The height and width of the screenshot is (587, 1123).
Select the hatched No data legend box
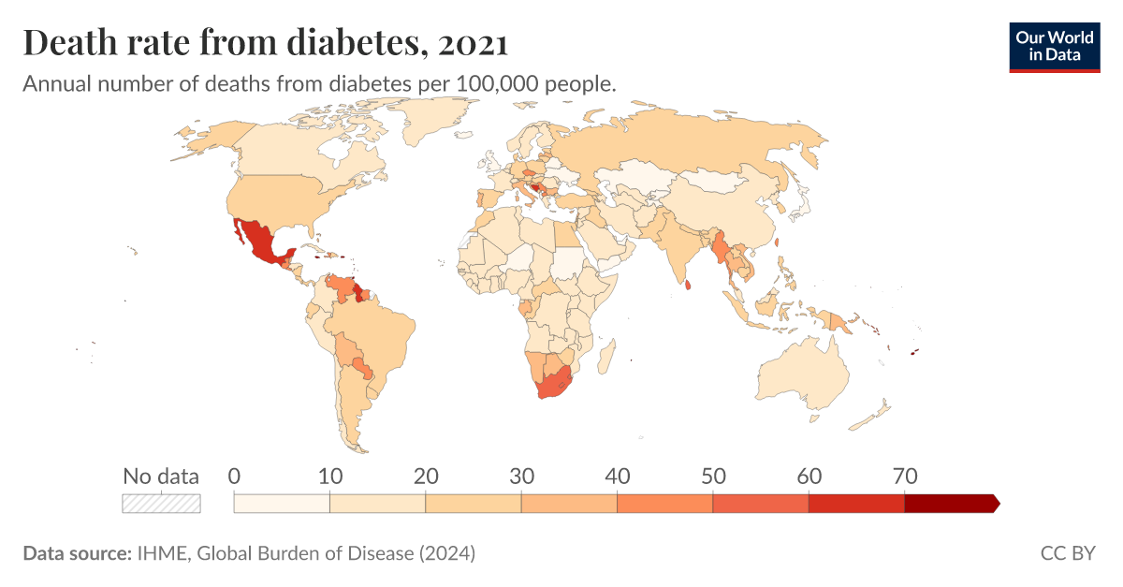tap(161, 503)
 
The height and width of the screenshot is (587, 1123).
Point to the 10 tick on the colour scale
tap(329, 477)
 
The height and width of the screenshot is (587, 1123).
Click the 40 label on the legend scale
tap(617, 477)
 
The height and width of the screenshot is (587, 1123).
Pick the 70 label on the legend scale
tap(904, 477)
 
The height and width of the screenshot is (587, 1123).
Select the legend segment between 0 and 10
tap(282, 504)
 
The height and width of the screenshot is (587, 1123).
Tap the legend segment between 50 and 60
tap(760, 504)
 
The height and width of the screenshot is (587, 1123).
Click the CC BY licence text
tap(1067, 553)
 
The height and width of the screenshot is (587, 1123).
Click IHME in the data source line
tap(157, 553)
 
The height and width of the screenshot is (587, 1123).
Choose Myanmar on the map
tap(721, 248)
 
